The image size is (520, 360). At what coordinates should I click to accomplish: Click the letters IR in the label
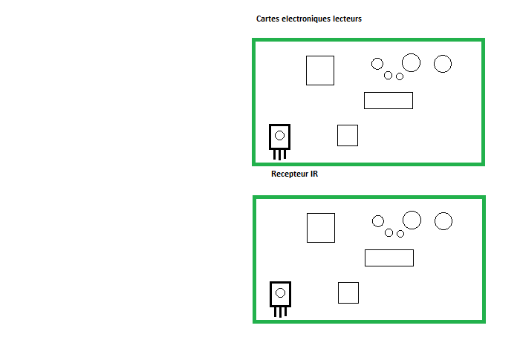click(x=314, y=174)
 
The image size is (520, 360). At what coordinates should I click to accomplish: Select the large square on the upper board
click(x=320, y=71)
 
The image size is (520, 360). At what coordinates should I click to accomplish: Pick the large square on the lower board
click(x=321, y=227)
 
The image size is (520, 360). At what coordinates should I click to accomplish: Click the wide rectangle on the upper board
click(x=388, y=100)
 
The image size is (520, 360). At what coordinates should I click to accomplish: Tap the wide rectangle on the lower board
click(x=389, y=258)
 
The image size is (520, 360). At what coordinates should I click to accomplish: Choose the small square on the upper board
click(x=348, y=136)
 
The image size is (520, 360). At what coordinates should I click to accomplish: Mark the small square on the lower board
click(x=348, y=292)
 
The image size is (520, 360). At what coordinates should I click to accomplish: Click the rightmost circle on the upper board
click(x=443, y=64)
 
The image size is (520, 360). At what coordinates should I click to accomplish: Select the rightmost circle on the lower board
click(x=443, y=220)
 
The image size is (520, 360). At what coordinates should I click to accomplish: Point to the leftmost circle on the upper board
click(x=377, y=64)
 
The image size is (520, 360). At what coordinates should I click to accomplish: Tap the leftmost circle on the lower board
click(x=378, y=220)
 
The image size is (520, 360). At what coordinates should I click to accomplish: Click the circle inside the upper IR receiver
click(x=279, y=135)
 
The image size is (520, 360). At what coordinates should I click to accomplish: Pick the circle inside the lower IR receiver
click(x=280, y=292)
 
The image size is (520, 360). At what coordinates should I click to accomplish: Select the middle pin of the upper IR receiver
click(x=279, y=154)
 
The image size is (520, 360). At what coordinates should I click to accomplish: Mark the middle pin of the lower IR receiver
click(x=280, y=312)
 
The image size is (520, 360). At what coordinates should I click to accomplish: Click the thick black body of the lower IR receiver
click(x=271, y=294)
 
